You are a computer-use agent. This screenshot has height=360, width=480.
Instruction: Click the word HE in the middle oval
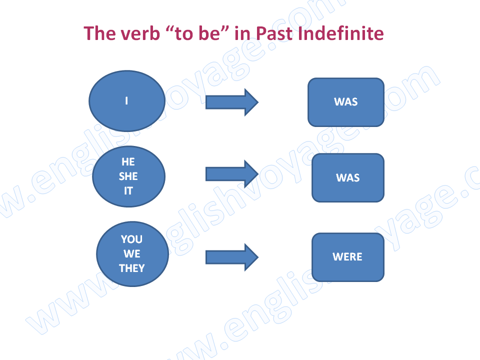point(128,161)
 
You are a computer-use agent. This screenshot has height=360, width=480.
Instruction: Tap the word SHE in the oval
point(128,176)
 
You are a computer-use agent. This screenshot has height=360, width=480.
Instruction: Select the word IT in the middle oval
point(128,190)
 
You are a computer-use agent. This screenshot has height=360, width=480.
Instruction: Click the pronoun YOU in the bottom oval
point(131,239)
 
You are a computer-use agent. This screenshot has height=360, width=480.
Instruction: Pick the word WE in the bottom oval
point(132,254)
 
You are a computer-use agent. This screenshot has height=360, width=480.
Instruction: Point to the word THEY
point(132,268)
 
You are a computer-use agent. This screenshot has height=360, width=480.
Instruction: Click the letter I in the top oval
point(126,100)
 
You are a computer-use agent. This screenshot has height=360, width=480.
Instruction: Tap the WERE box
point(348,257)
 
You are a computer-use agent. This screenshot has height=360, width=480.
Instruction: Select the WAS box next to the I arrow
point(346,102)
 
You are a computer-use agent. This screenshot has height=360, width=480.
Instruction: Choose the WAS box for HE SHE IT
point(348,178)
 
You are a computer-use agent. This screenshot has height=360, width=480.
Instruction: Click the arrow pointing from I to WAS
point(231,102)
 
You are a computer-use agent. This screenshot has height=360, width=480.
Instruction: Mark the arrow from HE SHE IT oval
point(231,174)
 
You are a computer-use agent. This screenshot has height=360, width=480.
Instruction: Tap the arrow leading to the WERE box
point(231,257)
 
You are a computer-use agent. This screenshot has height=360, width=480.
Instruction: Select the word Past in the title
point(274,33)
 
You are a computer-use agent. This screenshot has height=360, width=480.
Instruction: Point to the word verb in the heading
point(140,33)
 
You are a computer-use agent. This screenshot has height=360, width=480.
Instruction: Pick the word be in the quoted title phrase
point(209,33)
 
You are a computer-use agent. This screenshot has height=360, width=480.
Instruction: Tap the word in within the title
point(242,33)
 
